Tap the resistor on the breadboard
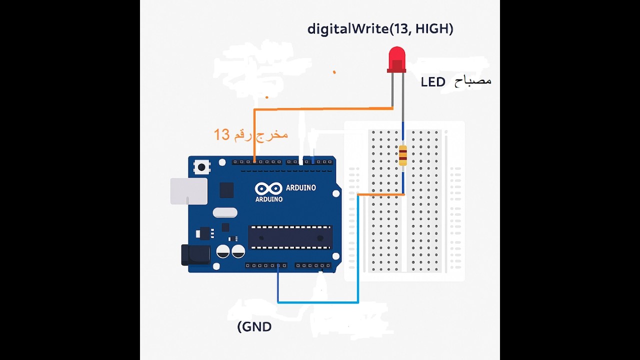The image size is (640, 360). (x=403, y=155)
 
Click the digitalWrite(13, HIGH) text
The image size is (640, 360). (x=380, y=29)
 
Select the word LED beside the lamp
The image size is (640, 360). (x=433, y=82)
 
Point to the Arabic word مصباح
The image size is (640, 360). (x=473, y=81)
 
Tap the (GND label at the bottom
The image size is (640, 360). (x=254, y=327)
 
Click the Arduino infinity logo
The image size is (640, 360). (x=268, y=188)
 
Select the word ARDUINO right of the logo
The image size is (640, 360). (x=300, y=188)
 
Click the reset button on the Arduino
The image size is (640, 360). (x=201, y=167)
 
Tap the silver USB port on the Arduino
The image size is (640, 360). (x=189, y=191)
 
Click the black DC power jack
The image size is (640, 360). (x=195, y=255)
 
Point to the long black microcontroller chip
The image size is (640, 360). (x=290, y=237)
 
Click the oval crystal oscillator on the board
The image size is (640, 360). (x=225, y=212)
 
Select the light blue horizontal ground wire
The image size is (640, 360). (x=318, y=302)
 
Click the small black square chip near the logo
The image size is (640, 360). (x=226, y=190)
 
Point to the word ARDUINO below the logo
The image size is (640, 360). (x=269, y=199)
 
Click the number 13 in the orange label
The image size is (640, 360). (x=221, y=134)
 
